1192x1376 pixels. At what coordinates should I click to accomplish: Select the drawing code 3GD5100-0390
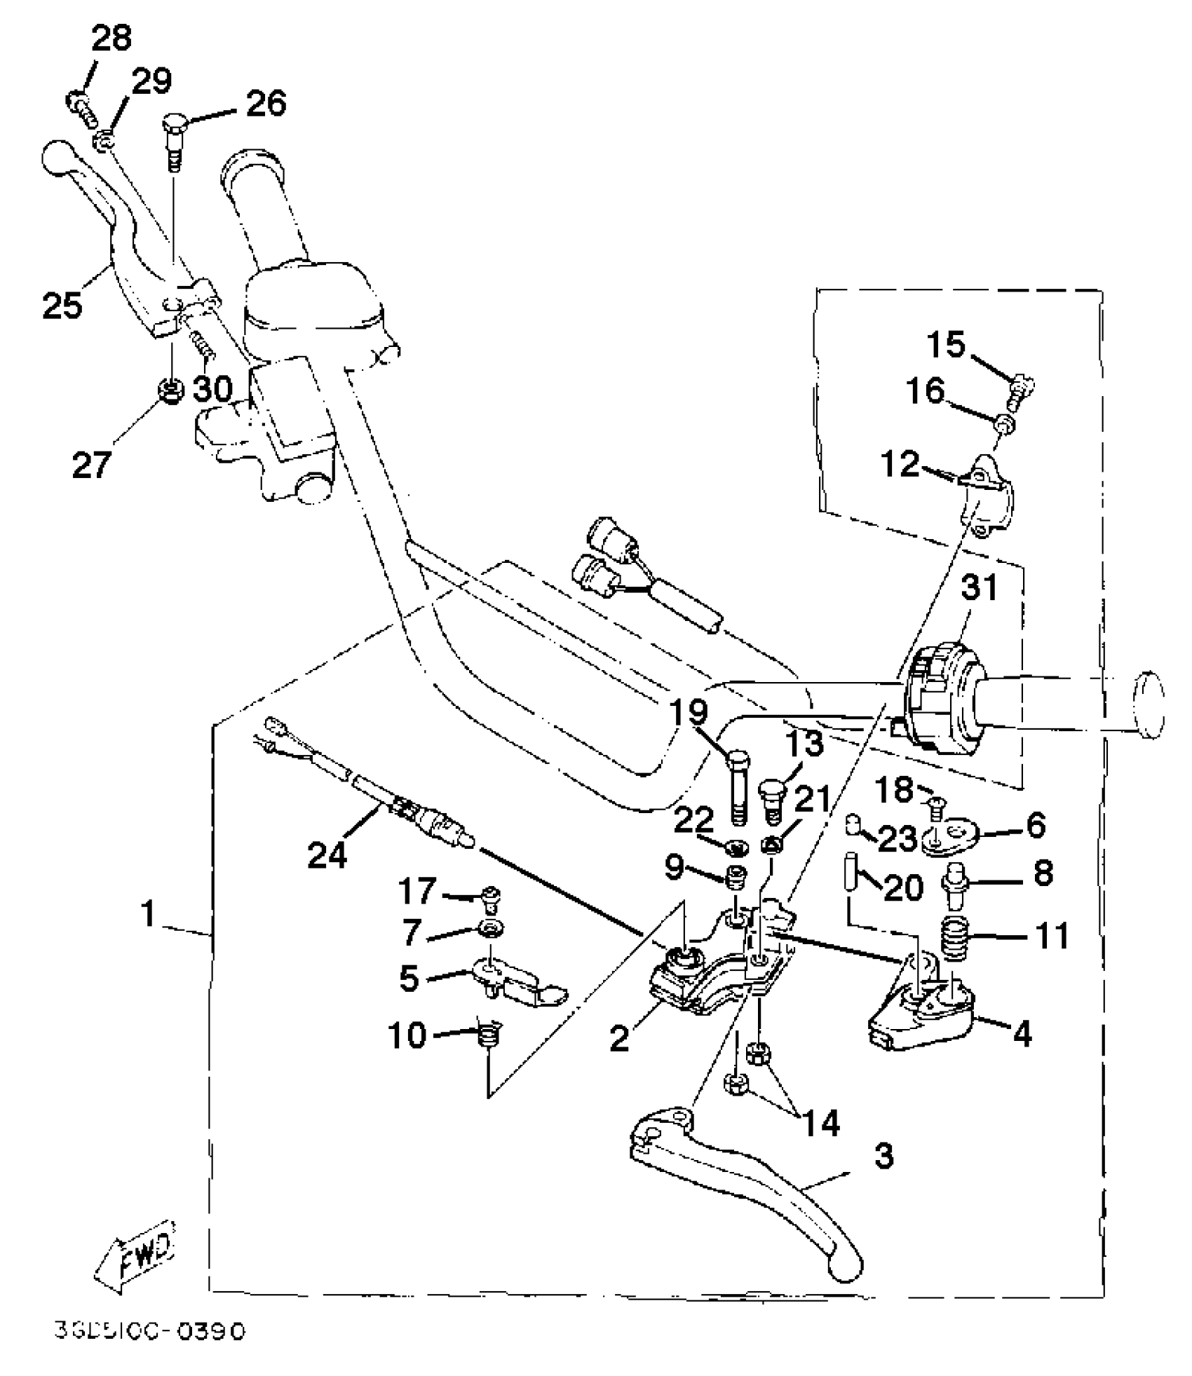tap(150, 1330)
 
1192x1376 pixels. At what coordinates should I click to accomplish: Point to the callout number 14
tap(821, 1123)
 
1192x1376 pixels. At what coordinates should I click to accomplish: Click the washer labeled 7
tap(486, 929)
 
